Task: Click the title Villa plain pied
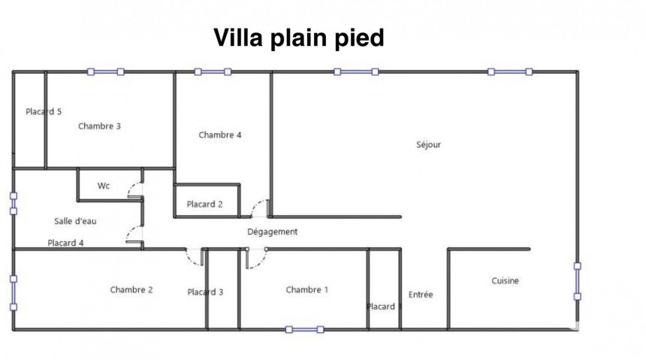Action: coord(299,38)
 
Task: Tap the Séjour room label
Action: coord(428,145)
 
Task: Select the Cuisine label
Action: coord(505,281)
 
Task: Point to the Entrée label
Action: coord(421,295)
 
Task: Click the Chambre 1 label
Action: coord(307,290)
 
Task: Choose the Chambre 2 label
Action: coord(131,290)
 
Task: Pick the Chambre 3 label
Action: coord(99,126)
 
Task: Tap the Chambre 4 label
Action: coord(220,135)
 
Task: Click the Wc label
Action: coord(104,186)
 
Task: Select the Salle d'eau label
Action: coord(75,221)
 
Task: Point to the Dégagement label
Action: coord(273,231)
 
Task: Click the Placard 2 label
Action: coord(205,204)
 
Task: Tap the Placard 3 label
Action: coord(205,292)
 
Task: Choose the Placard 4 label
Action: coord(65,243)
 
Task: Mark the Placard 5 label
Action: coord(44,112)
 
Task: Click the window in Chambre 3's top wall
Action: coord(105,72)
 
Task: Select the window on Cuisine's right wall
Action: coord(577,280)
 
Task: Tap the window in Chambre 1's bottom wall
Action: coord(304,329)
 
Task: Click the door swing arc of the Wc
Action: coord(136,190)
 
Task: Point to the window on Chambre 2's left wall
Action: coord(13,292)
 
